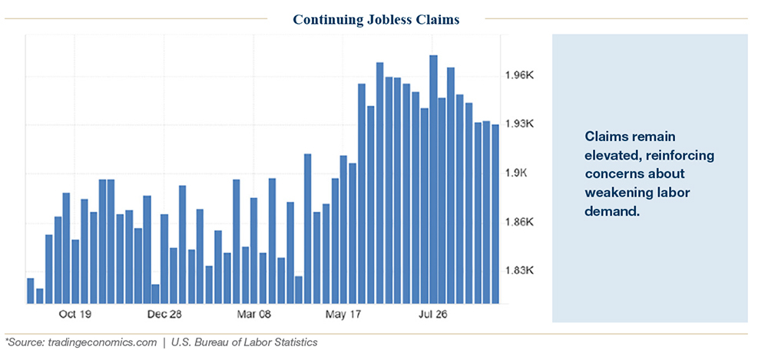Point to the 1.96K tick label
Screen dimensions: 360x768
coord(520,75)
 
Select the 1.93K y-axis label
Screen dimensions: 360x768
coord(520,124)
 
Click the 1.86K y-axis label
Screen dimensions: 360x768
coord(520,223)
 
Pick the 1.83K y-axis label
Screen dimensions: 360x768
coord(520,271)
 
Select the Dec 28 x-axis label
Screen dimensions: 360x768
coord(164,315)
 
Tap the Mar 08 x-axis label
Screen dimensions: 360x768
coord(253,315)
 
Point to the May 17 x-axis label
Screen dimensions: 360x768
coord(343,315)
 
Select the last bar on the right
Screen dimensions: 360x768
coord(495,214)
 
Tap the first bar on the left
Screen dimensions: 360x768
coord(31,291)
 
